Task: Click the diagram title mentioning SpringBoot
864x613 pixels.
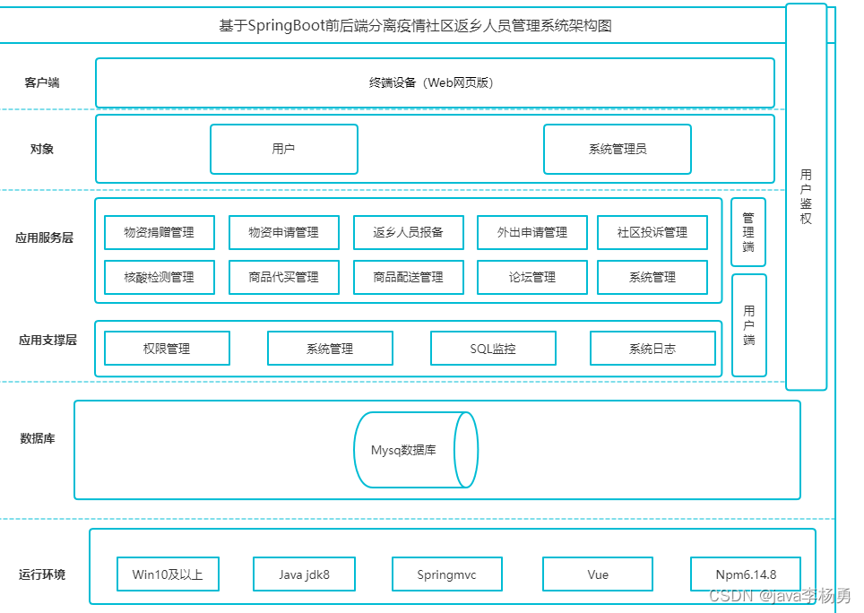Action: pyautogui.click(x=416, y=26)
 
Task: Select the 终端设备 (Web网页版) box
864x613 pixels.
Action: pyautogui.click(x=435, y=82)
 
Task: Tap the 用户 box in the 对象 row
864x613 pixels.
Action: pyautogui.click(x=284, y=149)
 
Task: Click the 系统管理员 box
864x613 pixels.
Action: pyautogui.click(x=618, y=149)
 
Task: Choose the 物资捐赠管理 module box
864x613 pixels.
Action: pyautogui.click(x=160, y=232)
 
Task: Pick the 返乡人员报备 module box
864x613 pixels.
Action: pyautogui.click(x=409, y=232)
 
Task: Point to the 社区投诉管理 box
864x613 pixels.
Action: pyautogui.click(x=652, y=232)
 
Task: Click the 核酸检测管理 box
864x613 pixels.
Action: pyautogui.click(x=160, y=277)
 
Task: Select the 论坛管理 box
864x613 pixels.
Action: pyautogui.click(x=532, y=277)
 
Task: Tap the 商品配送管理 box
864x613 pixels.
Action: pyautogui.click(x=409, y=277)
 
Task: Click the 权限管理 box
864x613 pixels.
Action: pyautogui.click(x=167, y=348)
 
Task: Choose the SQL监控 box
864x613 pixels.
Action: pyautogui.click(x=493, y=348)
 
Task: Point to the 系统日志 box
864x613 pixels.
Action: pyautogui.click(x=653, y=348)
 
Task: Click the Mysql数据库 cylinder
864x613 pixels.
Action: pyautogui.click(x=416, y=450)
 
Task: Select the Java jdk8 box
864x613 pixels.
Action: pyautogui.click(x=304, y=574)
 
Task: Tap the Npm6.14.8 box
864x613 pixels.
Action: pyautogui.click(x=746, y=574)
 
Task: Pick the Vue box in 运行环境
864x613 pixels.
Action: pyautogui.click(x=598, y=574)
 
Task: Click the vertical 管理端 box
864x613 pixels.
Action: pyautogui.click(x=748, y=232)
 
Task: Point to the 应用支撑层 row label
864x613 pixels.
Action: pyautogui.click(x=48, y=340)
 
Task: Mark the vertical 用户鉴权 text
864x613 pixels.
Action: pyautogui.click(x=806, y=196)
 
